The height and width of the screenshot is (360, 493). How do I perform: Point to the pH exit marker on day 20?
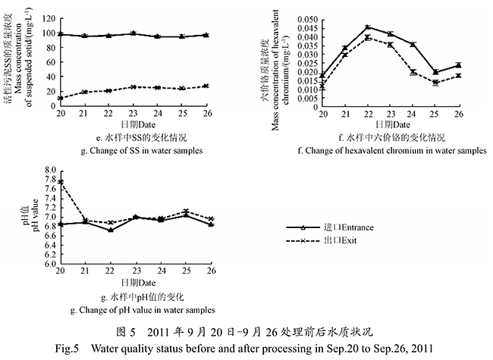[x=61, y=182]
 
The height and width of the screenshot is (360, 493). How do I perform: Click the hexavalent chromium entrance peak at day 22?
[x=367, y=27]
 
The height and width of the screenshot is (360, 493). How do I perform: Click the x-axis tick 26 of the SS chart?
[x=206, y=112]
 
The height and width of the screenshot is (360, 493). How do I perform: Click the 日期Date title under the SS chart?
[x=133, y=124]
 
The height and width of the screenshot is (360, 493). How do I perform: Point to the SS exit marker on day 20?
[x=61, y=98]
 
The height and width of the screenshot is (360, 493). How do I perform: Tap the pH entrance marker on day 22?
[x=111, y=230]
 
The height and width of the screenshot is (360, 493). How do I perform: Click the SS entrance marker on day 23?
[x=133, y=33]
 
